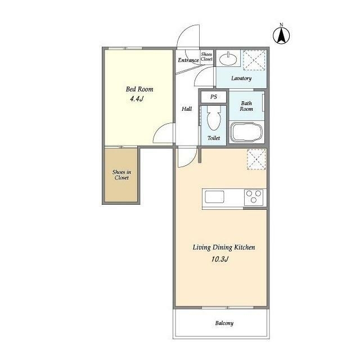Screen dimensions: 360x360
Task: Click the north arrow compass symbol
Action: (x=281, y=35)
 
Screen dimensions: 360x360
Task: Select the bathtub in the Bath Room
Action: (x=247, y=133)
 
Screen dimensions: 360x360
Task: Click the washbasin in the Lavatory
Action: (x=228, y=59)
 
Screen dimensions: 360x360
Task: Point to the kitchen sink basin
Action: (x=214, y=197)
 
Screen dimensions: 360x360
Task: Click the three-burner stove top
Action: (x=254, y=197)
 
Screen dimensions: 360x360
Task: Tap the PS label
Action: (x=214, y=97)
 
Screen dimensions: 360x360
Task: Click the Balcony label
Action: (x=224, y=323)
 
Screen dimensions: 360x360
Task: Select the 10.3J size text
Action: (x=220, y=259)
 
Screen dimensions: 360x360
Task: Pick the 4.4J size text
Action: (x=137, y=99)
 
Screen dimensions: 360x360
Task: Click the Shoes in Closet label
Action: (x=121, y=175)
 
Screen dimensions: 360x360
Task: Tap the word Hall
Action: (x=187, y=109)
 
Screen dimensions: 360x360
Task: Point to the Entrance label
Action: (x=188, y=60)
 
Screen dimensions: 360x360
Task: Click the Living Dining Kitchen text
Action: (x=224, y=247)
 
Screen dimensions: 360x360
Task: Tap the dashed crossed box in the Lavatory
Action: (x=254, y=60)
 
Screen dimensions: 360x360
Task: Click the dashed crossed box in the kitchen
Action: (x=256, y=160)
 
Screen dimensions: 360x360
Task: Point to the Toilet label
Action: (x=214, y=138)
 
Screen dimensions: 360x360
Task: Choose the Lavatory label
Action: (x=241, y=78)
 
